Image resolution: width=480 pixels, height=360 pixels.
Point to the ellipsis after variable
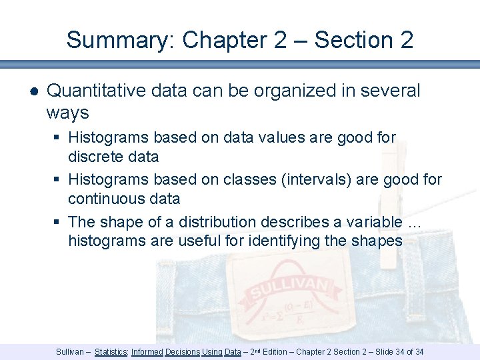click(414, 222)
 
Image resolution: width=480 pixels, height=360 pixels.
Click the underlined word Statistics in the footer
click(111, 351)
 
